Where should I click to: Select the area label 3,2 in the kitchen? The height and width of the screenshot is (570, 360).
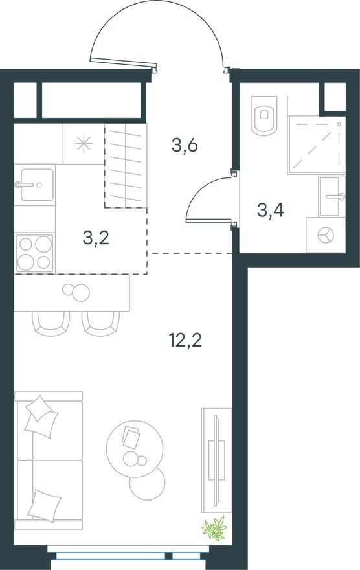pos(96,238)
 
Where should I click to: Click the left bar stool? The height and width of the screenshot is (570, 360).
pos(51,323)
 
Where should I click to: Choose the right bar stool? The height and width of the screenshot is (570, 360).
pos(100,323)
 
